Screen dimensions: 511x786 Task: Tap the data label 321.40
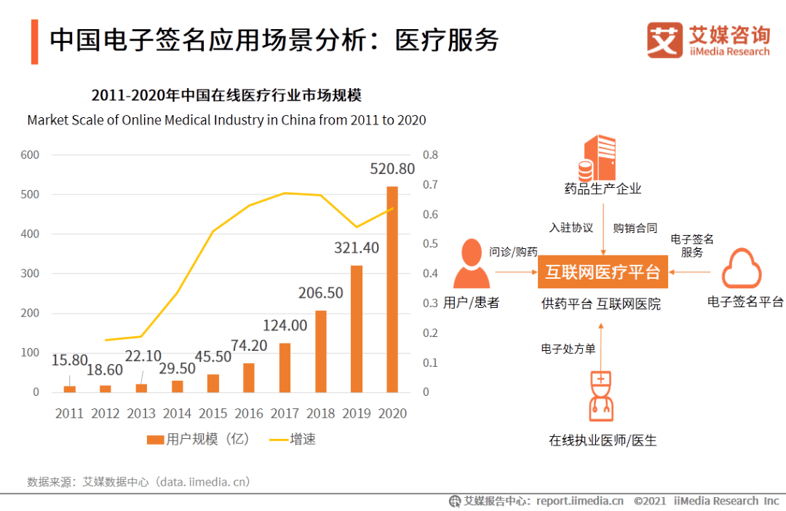click(357, 248)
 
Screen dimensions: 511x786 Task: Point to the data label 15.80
click(70, 360)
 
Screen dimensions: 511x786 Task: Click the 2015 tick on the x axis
click(213, 413)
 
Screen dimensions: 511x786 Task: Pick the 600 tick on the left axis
click(30, 155)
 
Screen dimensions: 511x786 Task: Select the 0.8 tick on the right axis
click(430, 155)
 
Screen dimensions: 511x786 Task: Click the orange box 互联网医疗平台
click(603, 272)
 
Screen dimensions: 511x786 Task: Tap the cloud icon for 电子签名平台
click(741, 269)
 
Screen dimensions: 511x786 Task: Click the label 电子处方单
click(568, 349)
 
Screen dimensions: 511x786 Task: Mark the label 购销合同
click(635, 228)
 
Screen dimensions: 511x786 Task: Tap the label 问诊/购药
click(513, 252)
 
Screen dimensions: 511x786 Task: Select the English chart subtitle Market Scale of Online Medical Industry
click(226, 120)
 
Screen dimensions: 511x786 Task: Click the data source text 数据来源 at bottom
click(138, 481)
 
